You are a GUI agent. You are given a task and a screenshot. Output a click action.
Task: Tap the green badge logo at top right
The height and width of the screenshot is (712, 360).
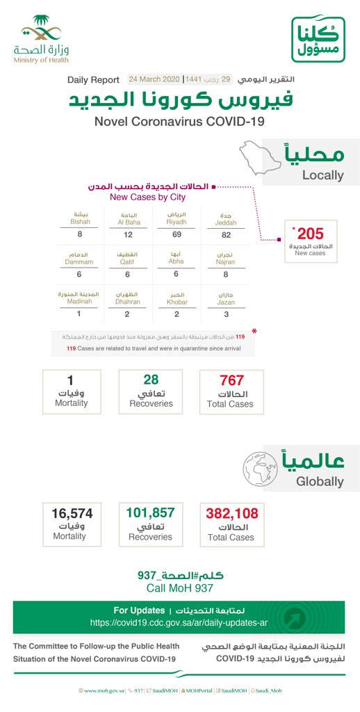[318, 40]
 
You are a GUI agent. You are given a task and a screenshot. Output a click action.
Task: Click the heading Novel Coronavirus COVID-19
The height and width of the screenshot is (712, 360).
[179, 122]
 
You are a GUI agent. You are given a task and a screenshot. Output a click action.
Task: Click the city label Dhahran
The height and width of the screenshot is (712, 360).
[127, 302]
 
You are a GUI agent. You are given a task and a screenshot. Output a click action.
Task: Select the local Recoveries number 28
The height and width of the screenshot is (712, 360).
[151, 380]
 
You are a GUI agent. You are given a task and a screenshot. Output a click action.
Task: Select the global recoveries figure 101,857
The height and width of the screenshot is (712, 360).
[151, 513]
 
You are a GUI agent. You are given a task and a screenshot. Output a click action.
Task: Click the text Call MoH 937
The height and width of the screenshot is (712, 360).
[180, 588]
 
